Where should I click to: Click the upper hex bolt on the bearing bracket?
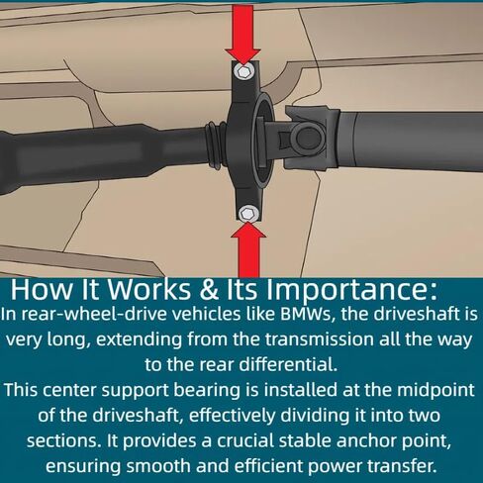click(x=243, y=71)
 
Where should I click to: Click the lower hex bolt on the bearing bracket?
click(x=247, y=214)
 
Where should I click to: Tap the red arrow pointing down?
click(x=243, y=35)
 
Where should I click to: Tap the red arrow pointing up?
click(x=248, y=249)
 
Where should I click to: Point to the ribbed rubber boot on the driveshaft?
click(x=216, y=144)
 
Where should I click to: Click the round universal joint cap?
click(x=310, y=139)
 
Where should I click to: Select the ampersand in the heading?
click(x=209, y=290)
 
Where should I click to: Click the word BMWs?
click(x=306, y=315)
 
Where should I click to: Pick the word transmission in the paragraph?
click(x=319, y=339)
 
